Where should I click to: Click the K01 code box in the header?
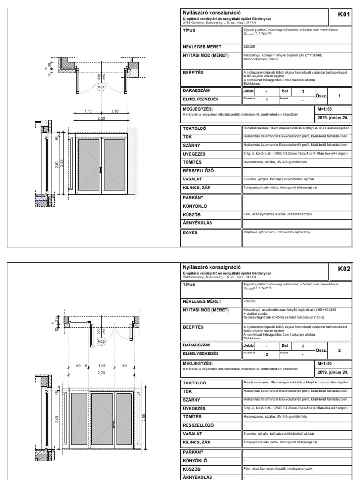tap(344, 15)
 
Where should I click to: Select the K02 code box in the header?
tap(344, 269)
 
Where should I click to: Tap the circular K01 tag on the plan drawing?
tap(102, 87)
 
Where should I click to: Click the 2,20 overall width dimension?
tap(101, 118)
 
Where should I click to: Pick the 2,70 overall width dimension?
tap(101, 374)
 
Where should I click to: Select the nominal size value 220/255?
tap(248, 47)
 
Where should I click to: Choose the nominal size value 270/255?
tap(248, 301)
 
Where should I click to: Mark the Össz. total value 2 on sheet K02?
tap(339, 350)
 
